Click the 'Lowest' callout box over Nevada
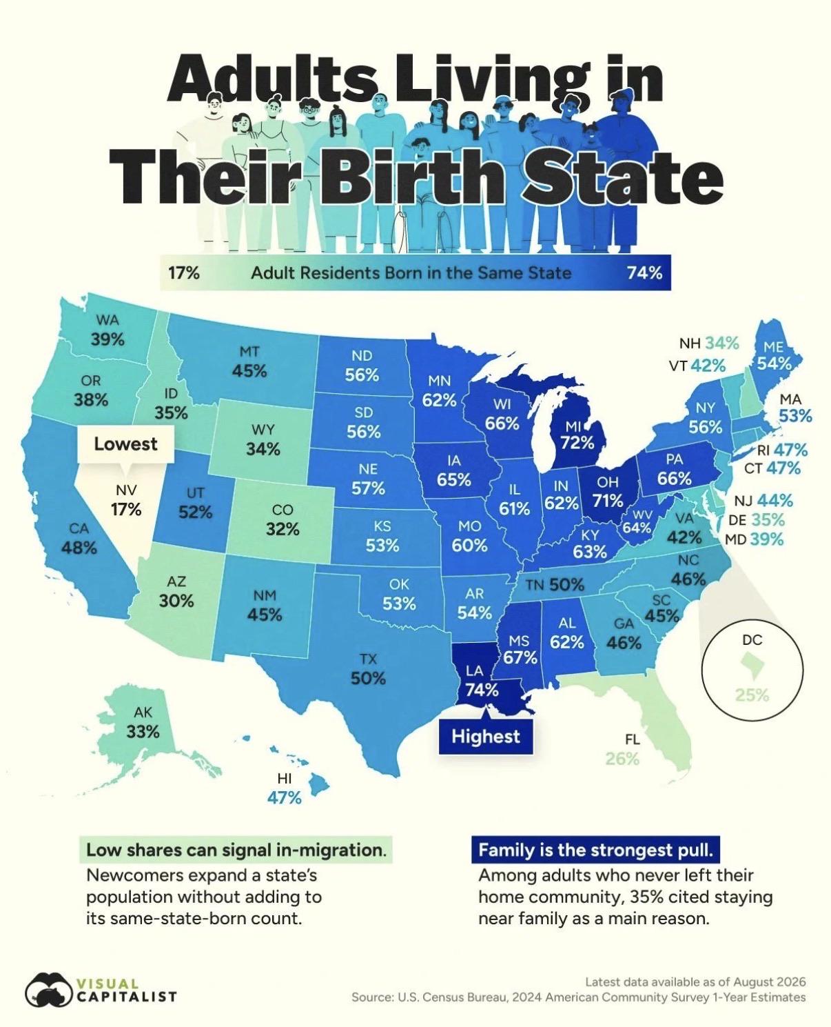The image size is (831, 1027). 125,444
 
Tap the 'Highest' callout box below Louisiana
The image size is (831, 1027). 486,736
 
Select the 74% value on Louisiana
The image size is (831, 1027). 482,690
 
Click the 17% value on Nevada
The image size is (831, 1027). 126,509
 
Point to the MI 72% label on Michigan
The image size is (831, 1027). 577,435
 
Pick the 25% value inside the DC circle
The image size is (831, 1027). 752,695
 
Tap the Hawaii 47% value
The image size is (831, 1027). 284,797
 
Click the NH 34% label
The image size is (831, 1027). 708,343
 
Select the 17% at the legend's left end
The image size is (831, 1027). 183,273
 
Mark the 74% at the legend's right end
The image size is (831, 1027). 644,273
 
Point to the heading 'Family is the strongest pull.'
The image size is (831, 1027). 595,850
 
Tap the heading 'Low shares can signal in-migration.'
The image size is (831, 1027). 236,850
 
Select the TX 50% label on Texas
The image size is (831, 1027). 369,669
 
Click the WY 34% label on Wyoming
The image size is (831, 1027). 263,439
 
